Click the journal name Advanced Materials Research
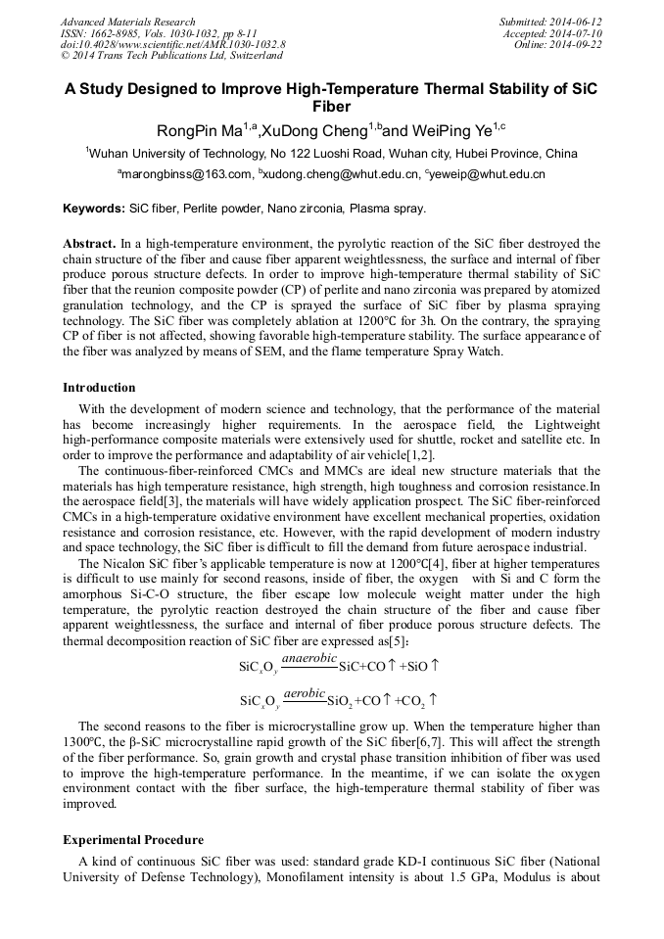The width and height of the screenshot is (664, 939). tap(128, 22)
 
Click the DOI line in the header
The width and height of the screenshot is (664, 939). tap(172, 45)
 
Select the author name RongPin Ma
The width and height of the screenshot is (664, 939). tap(199, 131)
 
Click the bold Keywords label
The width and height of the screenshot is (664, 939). tap(94, 209)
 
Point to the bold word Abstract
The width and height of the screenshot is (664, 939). tap(89, 242)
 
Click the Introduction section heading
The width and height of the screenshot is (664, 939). tap(99, 388)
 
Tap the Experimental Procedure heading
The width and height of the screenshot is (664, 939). tap(133, 840)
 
